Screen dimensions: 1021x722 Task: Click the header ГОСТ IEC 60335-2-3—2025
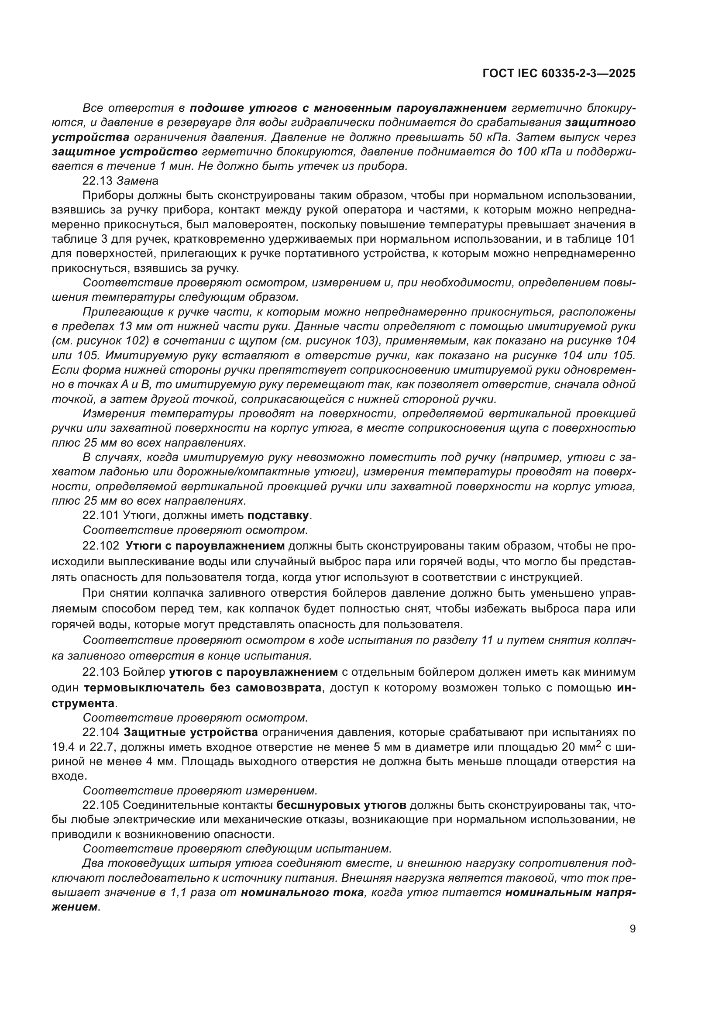[558, 73]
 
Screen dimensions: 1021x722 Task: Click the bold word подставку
[278, 516]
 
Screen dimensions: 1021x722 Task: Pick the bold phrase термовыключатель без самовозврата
[202, 688]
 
